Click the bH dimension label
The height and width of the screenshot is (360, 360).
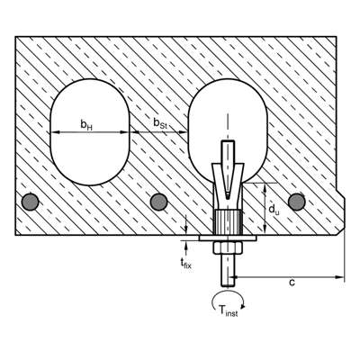(86, 124)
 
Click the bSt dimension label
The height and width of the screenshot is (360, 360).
(160, 123)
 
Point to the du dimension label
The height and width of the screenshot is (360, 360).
(274, 209)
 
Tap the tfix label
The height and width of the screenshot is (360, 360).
(185, 263)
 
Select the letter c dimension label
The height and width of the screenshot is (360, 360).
(292, 283)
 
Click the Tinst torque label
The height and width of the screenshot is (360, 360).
(228, 310)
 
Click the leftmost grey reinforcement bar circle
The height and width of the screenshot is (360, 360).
(31, 202)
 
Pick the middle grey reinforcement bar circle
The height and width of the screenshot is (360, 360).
(158, 202)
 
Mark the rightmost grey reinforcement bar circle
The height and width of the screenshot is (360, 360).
(297, 202)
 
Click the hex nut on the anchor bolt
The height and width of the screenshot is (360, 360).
(228, 247)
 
